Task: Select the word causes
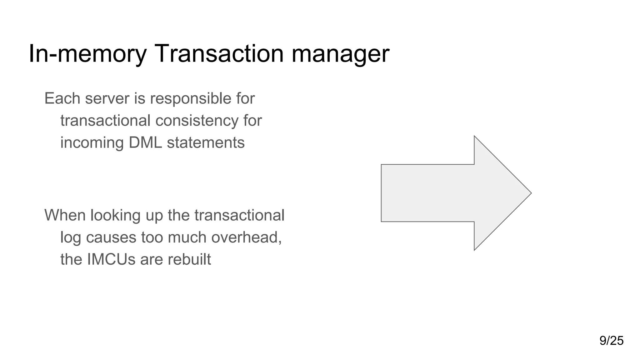[111, 237]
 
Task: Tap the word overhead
[246, 237]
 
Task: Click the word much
[188, 237]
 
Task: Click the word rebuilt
[189, 259]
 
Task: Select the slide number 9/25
[611, 341]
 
